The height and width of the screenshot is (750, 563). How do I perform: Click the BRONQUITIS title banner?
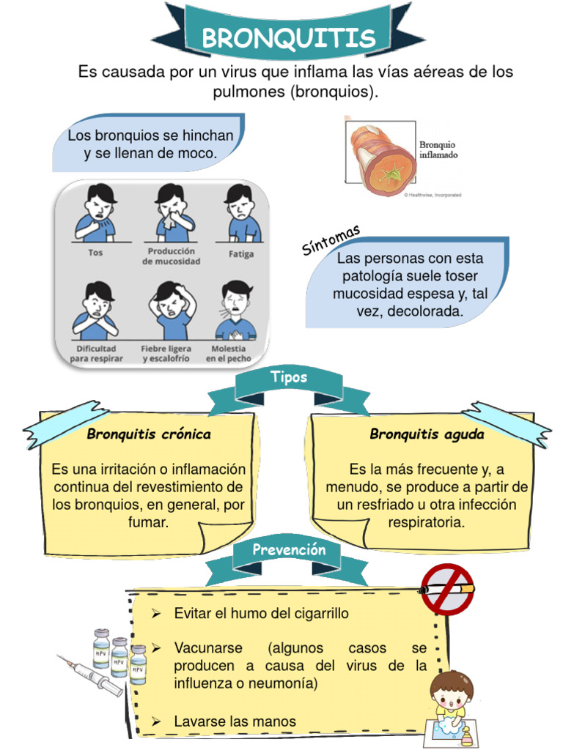[288, 37]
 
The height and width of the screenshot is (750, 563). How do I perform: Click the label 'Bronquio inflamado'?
[438, 150]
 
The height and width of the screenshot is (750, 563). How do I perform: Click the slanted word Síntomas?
[331, 241]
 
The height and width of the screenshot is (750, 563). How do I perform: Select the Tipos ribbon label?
[289, 378]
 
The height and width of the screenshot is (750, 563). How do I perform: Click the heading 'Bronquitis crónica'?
[149, 434]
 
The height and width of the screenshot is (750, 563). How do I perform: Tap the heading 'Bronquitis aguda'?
[427, 434]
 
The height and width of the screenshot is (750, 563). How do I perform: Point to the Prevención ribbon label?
[289, 549]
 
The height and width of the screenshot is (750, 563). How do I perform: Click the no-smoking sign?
[447, 588]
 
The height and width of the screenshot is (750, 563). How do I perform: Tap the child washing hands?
[449, 704]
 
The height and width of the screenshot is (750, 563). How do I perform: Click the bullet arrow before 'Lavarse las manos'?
[155, 721]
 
